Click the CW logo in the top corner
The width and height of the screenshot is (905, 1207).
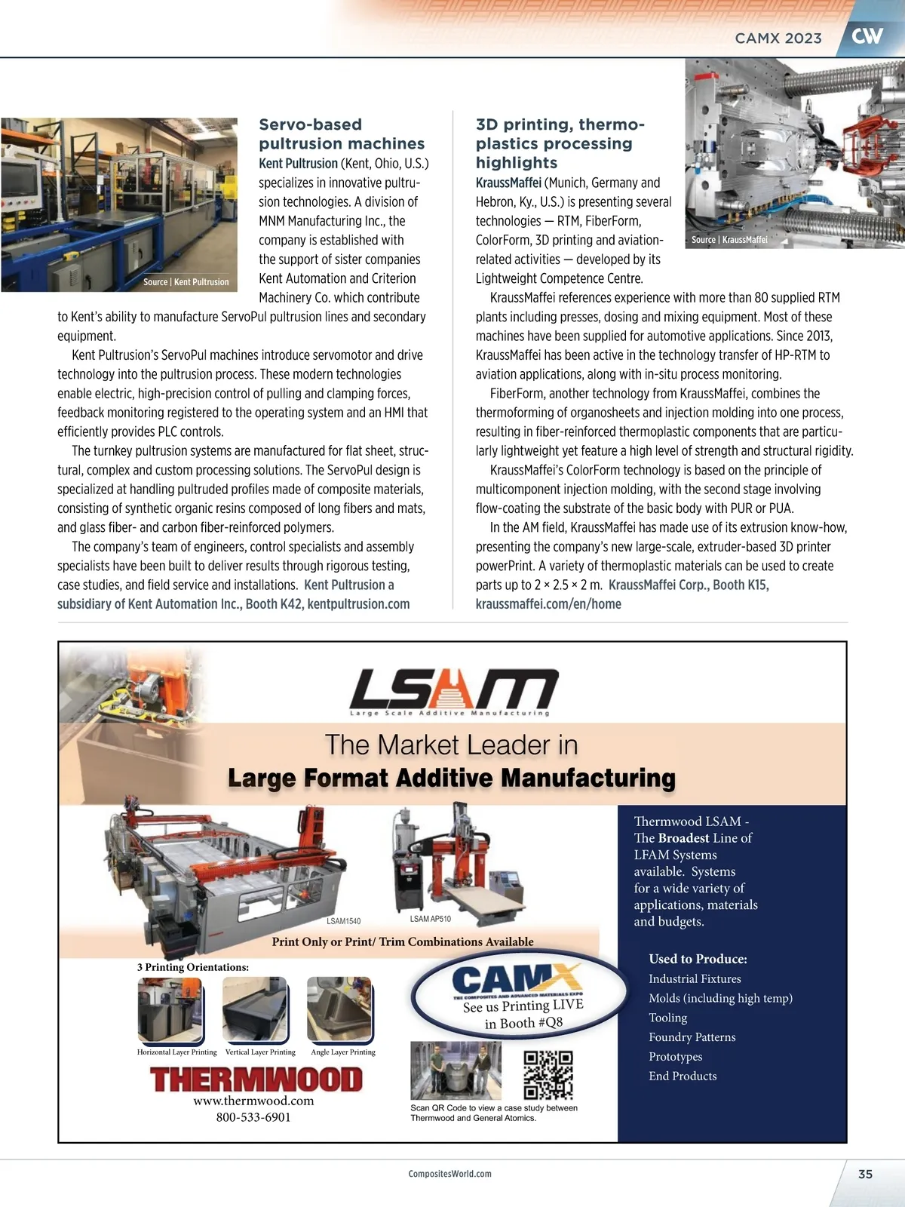tap(867, 35)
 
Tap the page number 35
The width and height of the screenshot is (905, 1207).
tap(865, 1174)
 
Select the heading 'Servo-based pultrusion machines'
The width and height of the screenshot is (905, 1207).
tap(342, 134)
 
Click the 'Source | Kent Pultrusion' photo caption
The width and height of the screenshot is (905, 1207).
tap(186, 282)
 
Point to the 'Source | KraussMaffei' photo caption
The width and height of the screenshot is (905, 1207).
tap(729, 240)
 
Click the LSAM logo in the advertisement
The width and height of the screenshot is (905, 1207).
tap(453, 690)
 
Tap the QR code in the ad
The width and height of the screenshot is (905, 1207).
tap(548, 1075)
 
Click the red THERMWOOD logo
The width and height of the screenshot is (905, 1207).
tap(256, 1080)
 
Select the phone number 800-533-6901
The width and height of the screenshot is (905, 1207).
tap(253, 1117)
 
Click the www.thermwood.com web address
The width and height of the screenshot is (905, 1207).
tap(253, 1101)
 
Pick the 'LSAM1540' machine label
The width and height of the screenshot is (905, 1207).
tap(343, 921)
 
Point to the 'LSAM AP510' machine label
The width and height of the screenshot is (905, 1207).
tap(430, 919)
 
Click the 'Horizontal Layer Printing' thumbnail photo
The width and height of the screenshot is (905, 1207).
tap(170, 1010)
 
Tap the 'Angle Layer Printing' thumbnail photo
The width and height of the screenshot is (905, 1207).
tap(340, 1010)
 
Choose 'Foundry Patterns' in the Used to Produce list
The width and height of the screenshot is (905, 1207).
tap(692, 1037)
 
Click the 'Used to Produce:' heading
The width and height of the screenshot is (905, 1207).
tap(698, 959)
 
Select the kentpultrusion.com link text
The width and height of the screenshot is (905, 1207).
tap(358, 604)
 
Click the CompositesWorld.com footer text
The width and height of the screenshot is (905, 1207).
tap(449, 1174)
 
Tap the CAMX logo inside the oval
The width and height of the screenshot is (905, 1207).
tap(517, 980)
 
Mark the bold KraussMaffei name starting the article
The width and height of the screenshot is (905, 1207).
tap(508, 183)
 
